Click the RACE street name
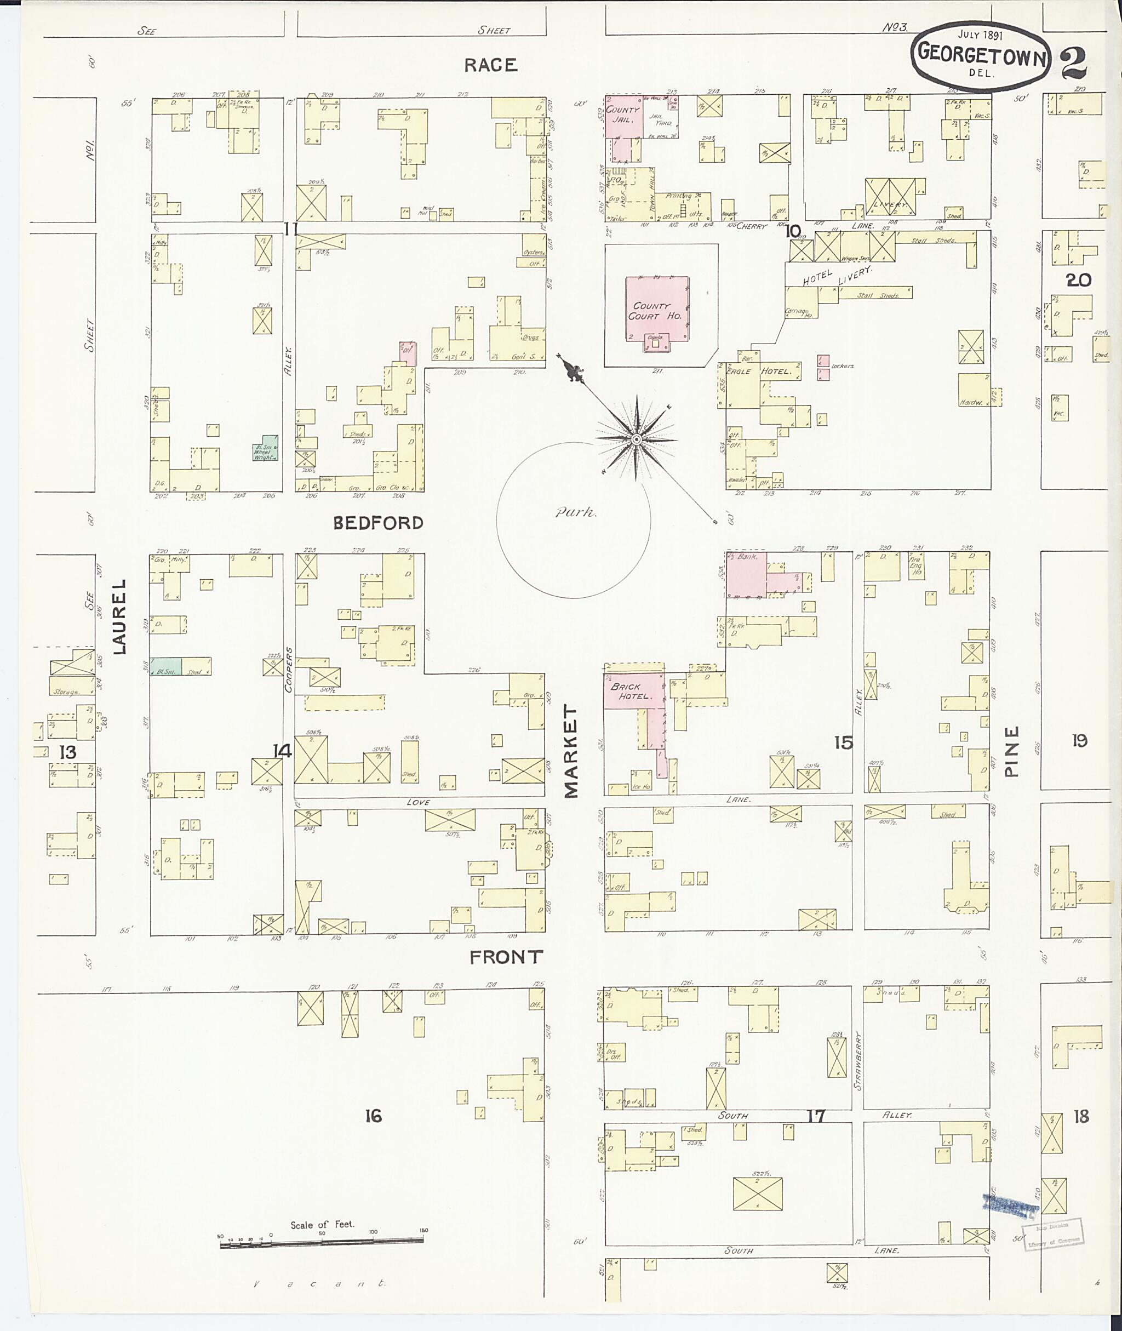[x=490, y=65]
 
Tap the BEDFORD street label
[x=378, y=523]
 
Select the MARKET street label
[x=570, y=751]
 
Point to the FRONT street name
[x=506, y=957]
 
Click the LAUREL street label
[x=119, y=616]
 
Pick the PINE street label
[x=1011, y=751]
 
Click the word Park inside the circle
[x=576, y=513]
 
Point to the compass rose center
[x=636, y=439]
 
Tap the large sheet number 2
[x=1074, y=62]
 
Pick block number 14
[x=282, y=751]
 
